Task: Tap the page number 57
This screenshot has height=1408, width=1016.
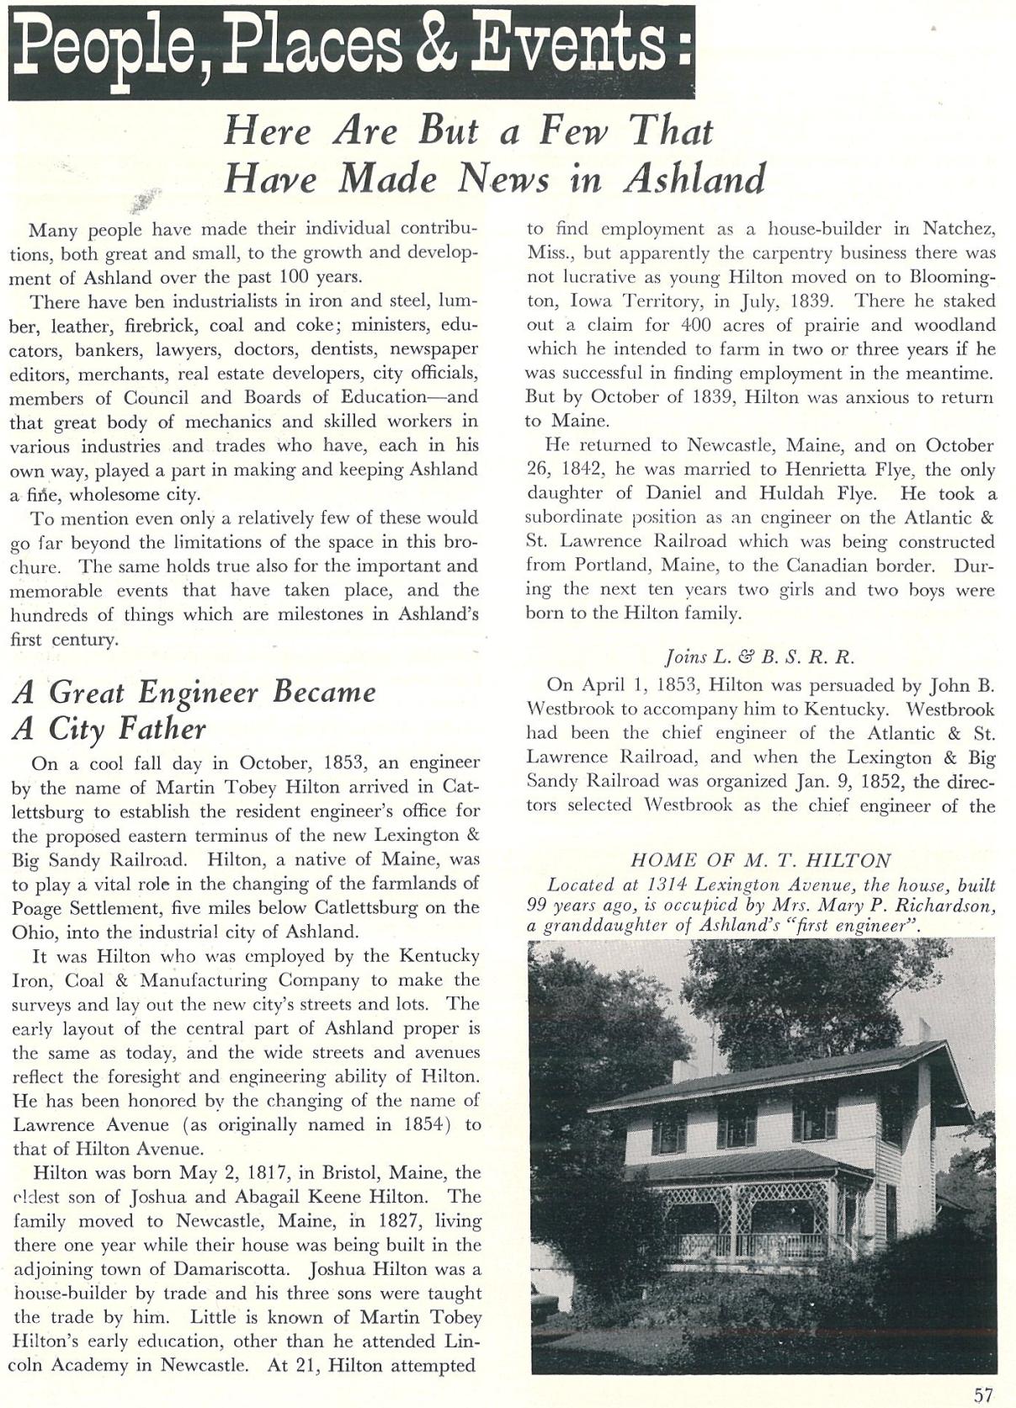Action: [x=982, y=1395]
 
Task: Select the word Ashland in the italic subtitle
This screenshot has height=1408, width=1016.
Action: [x=694, y=178]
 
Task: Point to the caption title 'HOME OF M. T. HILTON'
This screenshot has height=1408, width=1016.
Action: [x=760, y=860]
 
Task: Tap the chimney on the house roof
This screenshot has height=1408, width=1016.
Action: [x=924, y=1028]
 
